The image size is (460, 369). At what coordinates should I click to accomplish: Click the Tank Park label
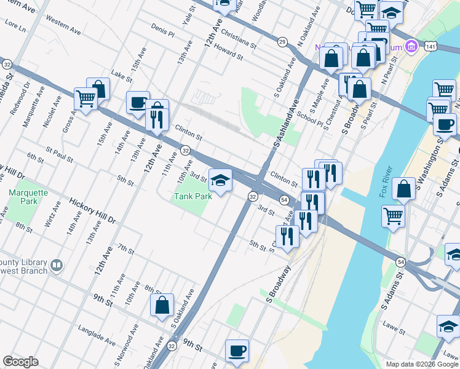(192, 196)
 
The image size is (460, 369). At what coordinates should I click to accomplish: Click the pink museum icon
(411, 47)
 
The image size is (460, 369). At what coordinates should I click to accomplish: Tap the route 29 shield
(282, 42)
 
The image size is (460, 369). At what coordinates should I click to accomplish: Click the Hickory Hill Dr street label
(92, 210)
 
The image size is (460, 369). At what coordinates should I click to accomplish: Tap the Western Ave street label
(63, 26)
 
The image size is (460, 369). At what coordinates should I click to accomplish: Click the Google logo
(21, 362)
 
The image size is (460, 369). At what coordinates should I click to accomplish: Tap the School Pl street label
(309, 117)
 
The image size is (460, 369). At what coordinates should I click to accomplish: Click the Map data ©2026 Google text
(421, 363)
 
